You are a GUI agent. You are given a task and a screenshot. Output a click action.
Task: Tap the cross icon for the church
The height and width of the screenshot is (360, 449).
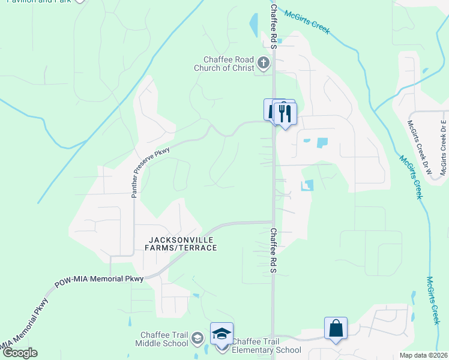263,62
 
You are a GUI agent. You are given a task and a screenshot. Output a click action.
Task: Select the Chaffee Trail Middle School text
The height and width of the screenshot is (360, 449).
164,340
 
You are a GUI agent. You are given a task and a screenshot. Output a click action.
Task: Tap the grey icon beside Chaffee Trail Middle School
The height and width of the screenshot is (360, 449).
197,340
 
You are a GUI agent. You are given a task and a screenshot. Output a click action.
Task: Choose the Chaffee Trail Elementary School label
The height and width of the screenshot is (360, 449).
267,346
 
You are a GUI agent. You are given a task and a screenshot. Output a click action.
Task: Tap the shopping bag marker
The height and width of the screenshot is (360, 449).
336,328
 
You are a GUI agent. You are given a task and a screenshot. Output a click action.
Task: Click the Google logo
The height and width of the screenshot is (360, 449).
19,353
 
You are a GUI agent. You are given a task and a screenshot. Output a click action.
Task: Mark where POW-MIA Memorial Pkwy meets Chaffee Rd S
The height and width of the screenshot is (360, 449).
274,222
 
